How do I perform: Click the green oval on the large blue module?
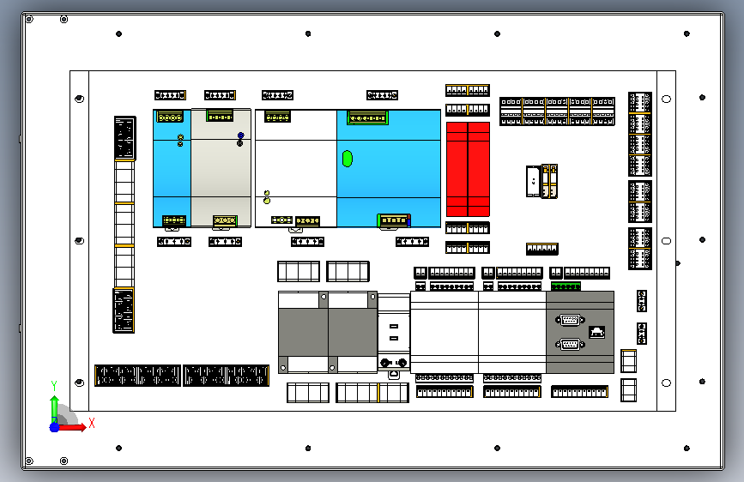click(x=348, y=159)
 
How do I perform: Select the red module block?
click(x=468, y=169)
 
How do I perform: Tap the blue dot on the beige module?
click(x=240, y=136)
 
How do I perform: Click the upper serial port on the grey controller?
click(x=570, y=320)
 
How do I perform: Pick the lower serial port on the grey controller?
click(x=570, y=344)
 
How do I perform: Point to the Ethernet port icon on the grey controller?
click(x=597, y=332)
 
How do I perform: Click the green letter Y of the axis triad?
click(x=54, y=385)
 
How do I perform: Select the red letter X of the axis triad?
click(x=92, y=423)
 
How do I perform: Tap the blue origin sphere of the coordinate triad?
click(x=55, y=427)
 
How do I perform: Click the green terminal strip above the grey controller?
click(x=566, y=286)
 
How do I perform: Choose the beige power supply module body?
click(x=221, y=168)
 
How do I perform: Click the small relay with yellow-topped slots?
click(x=541, y=181)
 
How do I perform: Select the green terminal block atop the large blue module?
click(x=368, y=117)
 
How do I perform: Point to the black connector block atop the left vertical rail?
click(x=124, y=138)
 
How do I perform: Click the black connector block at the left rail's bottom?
click(x=124, y=310)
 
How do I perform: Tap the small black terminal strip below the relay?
click(x=542, y=249)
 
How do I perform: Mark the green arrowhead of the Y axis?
click(x=55, y=401)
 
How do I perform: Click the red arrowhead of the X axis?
click(x=83, y=427)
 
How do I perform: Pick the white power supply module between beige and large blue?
click(x=296, y=168)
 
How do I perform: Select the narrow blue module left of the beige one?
click(x=172, y=168)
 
